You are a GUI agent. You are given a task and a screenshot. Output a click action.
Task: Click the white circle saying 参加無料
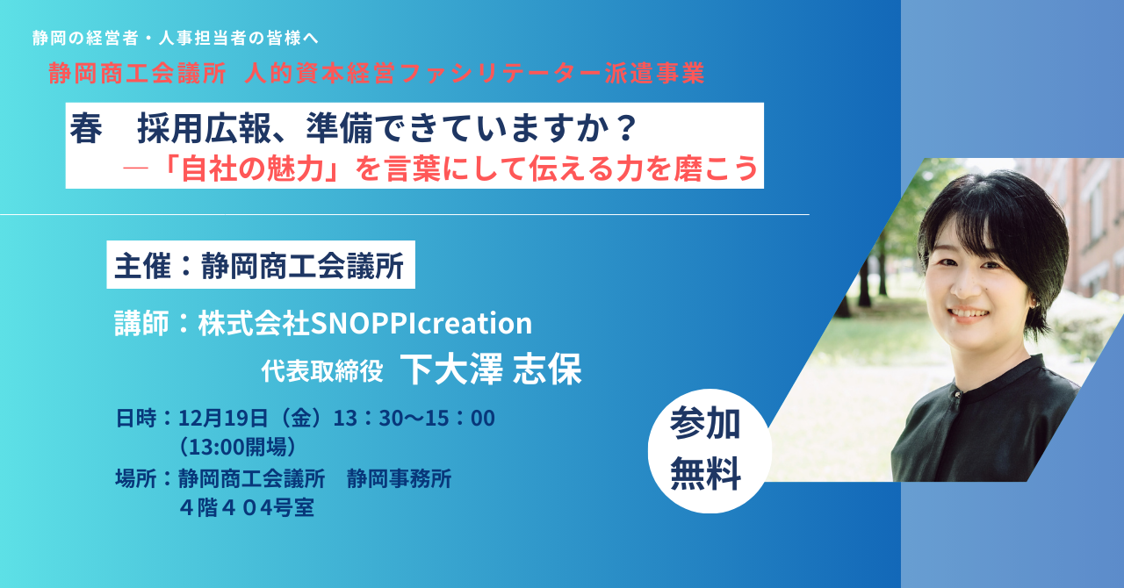click(709, 450)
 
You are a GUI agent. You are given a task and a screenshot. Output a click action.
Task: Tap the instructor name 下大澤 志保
click(491, 369)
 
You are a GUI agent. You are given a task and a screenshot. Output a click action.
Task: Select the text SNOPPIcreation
click(421, 323)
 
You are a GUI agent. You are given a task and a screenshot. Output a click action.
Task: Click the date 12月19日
click(223, 418)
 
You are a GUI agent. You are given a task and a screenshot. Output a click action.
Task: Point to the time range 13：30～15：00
click(414, 418)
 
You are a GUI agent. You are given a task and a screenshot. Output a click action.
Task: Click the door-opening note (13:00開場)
click(238, 447)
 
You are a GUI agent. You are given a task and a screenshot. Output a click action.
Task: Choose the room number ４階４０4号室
click(247, 508)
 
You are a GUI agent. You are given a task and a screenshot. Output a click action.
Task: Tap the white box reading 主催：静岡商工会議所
click(261, 265)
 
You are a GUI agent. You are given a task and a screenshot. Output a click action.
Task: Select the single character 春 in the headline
click(86, 129)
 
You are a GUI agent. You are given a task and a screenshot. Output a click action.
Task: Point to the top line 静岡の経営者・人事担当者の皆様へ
click(176, 38)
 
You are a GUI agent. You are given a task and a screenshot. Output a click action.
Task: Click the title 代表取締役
click(322, 371)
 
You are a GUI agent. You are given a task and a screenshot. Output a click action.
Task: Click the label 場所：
click(145, 478)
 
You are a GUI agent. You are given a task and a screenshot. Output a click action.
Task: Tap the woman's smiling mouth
click(969, 314)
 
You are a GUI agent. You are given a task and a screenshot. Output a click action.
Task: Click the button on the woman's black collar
click(957, 395)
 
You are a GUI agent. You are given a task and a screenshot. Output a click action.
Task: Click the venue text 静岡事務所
click(400, 478)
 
